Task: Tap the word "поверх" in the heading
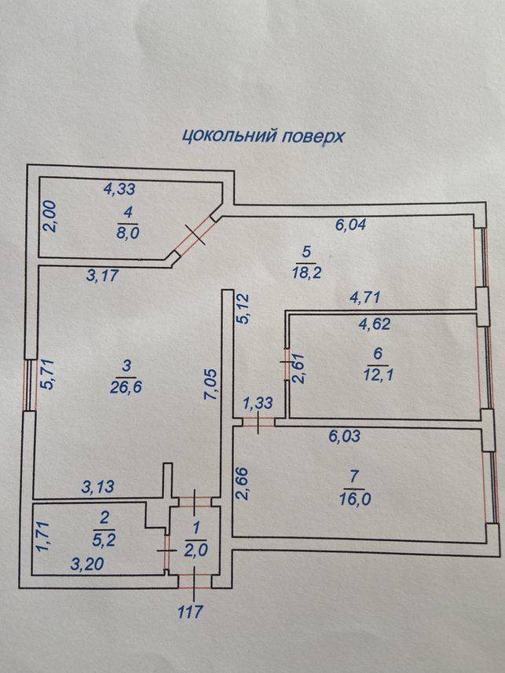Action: (x=313, y=137)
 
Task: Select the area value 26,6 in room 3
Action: (x=126, y=387)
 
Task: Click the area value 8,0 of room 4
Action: (x=128, y=232)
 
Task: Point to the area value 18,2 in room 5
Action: (x=306, y=272)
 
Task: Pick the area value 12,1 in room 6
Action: (x=378, y=375)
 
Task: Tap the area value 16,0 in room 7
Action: (x=355, y=499)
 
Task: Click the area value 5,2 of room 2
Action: (x=104, y=540)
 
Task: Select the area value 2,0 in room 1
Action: (x=196, y=550)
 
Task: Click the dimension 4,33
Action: (x=120, y=188)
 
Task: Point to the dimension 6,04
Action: (x=350, y=224)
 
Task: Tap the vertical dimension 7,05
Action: (x=211, y=383)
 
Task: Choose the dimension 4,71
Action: (x=364, y=297)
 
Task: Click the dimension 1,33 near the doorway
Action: (x=258, y=403)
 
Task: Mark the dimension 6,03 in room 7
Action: (x=345, y=436)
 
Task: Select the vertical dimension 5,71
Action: (x=47, y=375)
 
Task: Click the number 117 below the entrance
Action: (x=189, y=611)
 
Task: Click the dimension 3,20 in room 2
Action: (x=86, y=564)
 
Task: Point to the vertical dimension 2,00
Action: (x=50, y=217)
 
